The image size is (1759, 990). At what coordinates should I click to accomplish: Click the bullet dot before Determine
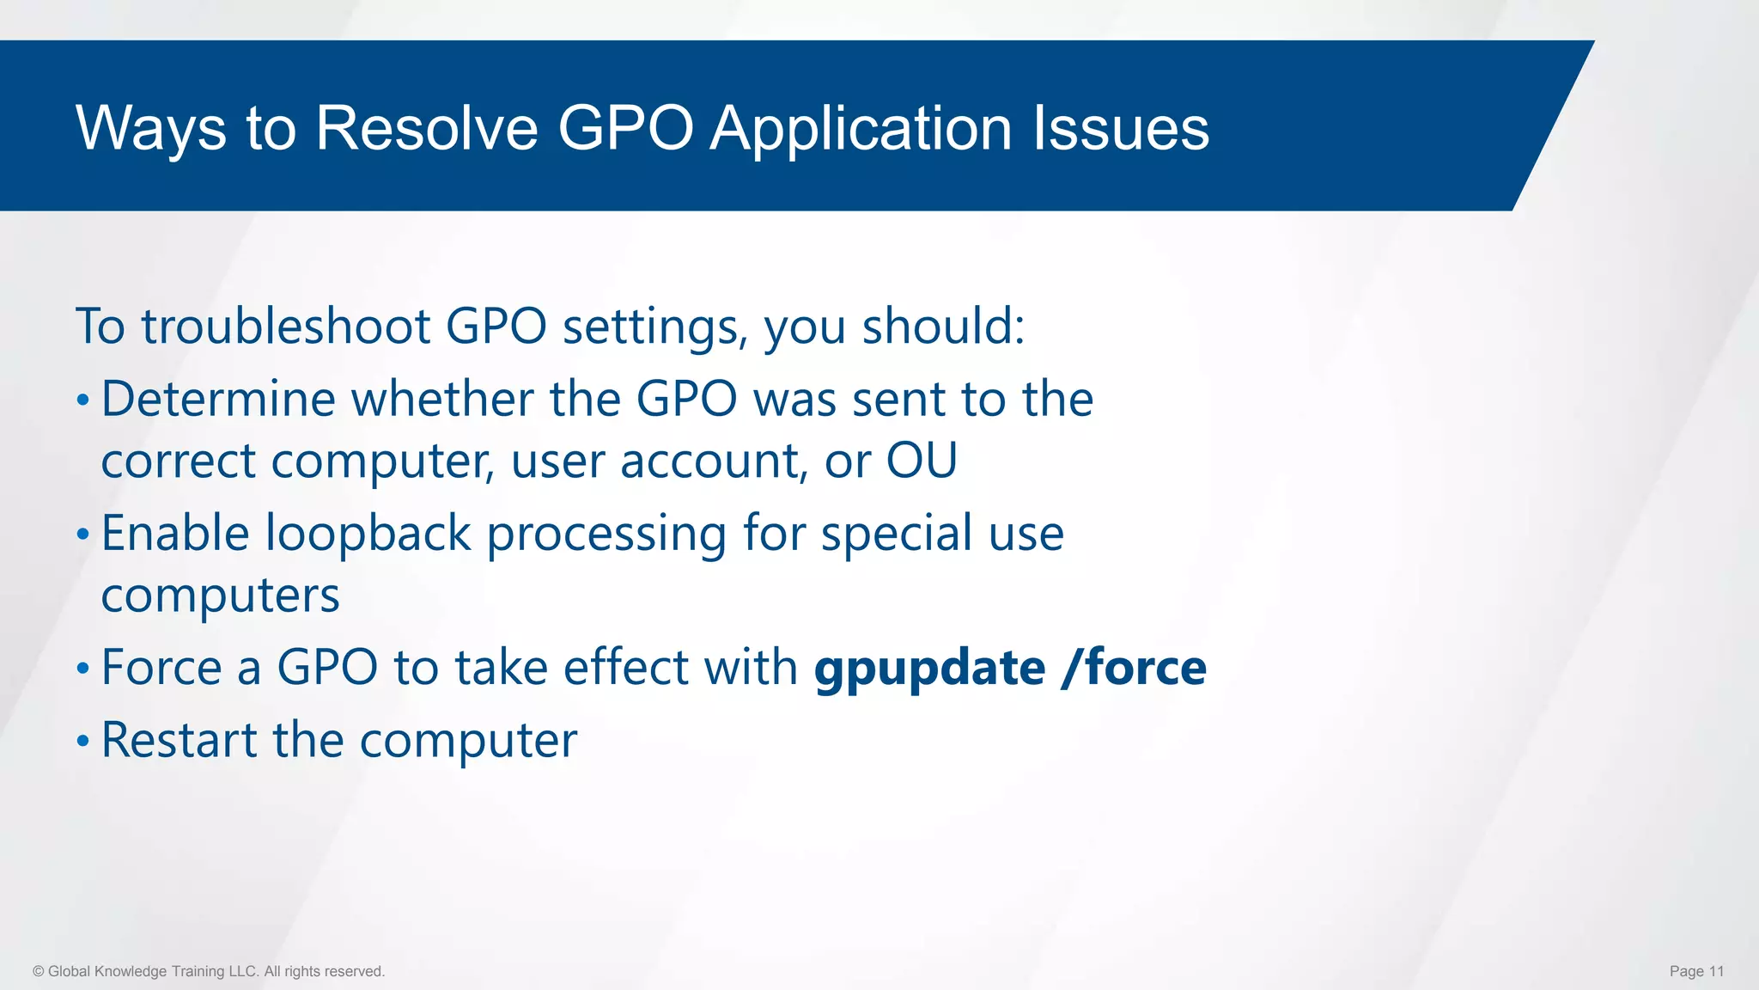coord(82,400)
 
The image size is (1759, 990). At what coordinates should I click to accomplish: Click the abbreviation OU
coord(921,461)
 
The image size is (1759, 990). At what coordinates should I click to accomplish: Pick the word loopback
coord(368,534)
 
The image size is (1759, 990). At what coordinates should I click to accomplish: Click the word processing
coord(606,534)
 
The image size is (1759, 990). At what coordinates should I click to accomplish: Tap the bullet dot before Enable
coord(82,535)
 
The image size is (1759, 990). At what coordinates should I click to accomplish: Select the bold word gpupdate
coord(929,669)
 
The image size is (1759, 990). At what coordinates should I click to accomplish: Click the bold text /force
coord(1134,668)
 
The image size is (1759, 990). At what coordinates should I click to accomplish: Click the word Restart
coord(179,740)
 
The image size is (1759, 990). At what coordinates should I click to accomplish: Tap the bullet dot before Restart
coord(82,741)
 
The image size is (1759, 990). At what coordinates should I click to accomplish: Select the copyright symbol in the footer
coord(38,971)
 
